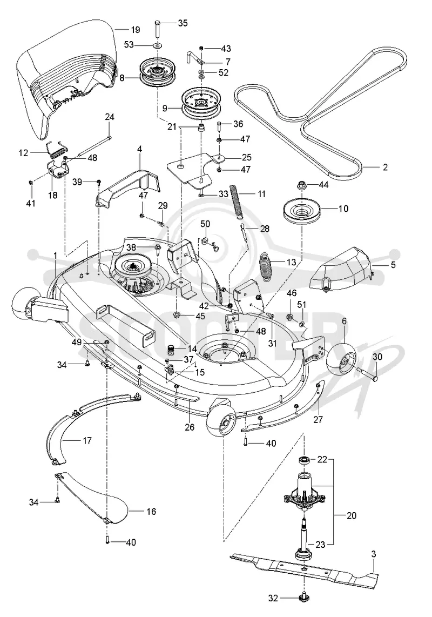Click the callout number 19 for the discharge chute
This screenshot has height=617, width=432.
[x=135, y=30]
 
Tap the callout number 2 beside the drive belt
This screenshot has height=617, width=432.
[x=385, y=167]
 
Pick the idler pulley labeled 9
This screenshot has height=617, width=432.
[x=200, y=100]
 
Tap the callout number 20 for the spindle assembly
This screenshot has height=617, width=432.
[x=352, y=515]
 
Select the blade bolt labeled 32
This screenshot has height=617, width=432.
[x=303, y=598]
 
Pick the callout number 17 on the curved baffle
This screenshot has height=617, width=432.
[x=87, y=440]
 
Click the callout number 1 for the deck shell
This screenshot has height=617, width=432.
[x=56, y=256]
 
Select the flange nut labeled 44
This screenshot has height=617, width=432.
[x=301, y=184]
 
